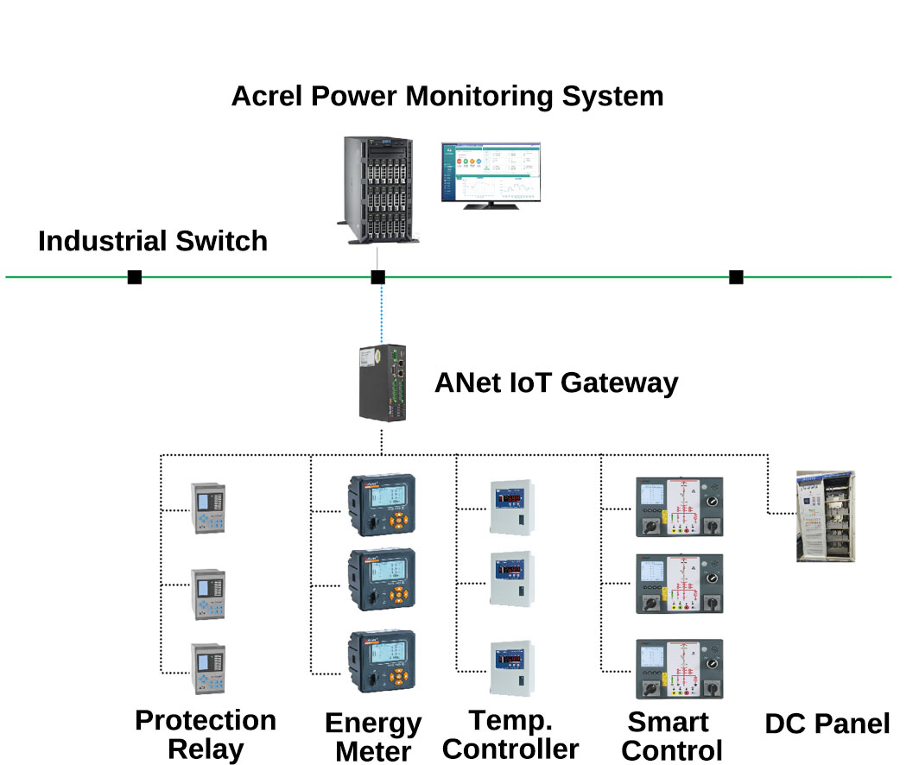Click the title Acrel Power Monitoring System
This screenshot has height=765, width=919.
447,95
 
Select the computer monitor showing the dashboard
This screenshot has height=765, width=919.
491,174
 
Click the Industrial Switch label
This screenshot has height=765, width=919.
153,241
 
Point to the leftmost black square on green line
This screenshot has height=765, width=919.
135,277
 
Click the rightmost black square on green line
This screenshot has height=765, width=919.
736,277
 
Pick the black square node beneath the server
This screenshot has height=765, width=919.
377,277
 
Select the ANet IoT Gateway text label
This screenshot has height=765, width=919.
555,382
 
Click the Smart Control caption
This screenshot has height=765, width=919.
671,736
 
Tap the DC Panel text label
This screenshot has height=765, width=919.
827,723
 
